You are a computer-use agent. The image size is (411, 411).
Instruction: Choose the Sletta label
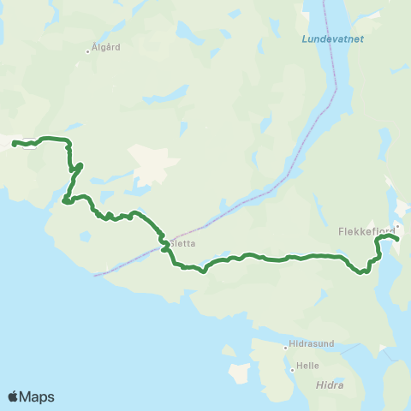point(184,243)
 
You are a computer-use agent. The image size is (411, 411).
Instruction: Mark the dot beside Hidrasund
point(286,347)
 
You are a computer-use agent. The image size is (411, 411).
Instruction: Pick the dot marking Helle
point(292,369)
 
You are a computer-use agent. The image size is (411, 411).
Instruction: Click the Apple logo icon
point(14,396)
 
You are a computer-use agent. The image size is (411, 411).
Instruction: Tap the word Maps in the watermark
point(38,396)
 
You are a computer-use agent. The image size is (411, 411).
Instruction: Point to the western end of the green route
point(14,141)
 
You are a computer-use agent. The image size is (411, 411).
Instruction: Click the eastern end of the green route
point(398,241)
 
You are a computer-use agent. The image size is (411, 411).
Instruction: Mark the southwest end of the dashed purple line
point(94,275)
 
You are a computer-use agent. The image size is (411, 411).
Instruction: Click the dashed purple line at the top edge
point(324,3)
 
